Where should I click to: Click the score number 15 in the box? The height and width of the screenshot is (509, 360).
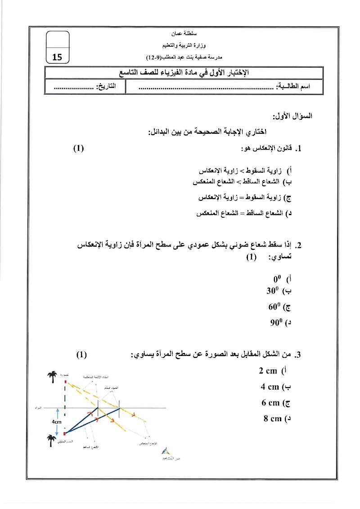[57, 57]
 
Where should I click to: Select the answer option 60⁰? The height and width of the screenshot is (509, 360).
[274, 307]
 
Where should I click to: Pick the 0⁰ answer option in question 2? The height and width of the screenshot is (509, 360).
[277, 279]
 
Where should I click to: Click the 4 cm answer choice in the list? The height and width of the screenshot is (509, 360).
[270, 387]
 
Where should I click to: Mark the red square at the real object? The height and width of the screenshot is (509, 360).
[65, 433]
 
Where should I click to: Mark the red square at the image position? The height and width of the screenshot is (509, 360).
[65, 382]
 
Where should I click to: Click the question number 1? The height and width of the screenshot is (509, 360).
[297, 149]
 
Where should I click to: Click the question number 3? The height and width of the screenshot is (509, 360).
[297, 355]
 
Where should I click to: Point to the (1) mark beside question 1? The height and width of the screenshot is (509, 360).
[79, 149]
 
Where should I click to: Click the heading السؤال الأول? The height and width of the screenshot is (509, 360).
[296, 116]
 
